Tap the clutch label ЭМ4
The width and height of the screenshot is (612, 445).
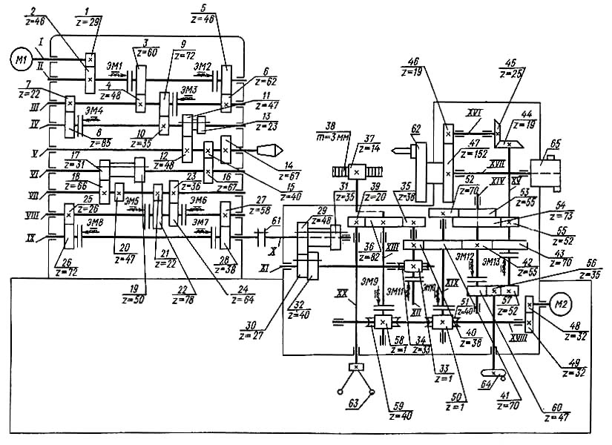tap(94, 110)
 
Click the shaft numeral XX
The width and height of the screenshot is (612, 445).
tap(341, 294)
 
